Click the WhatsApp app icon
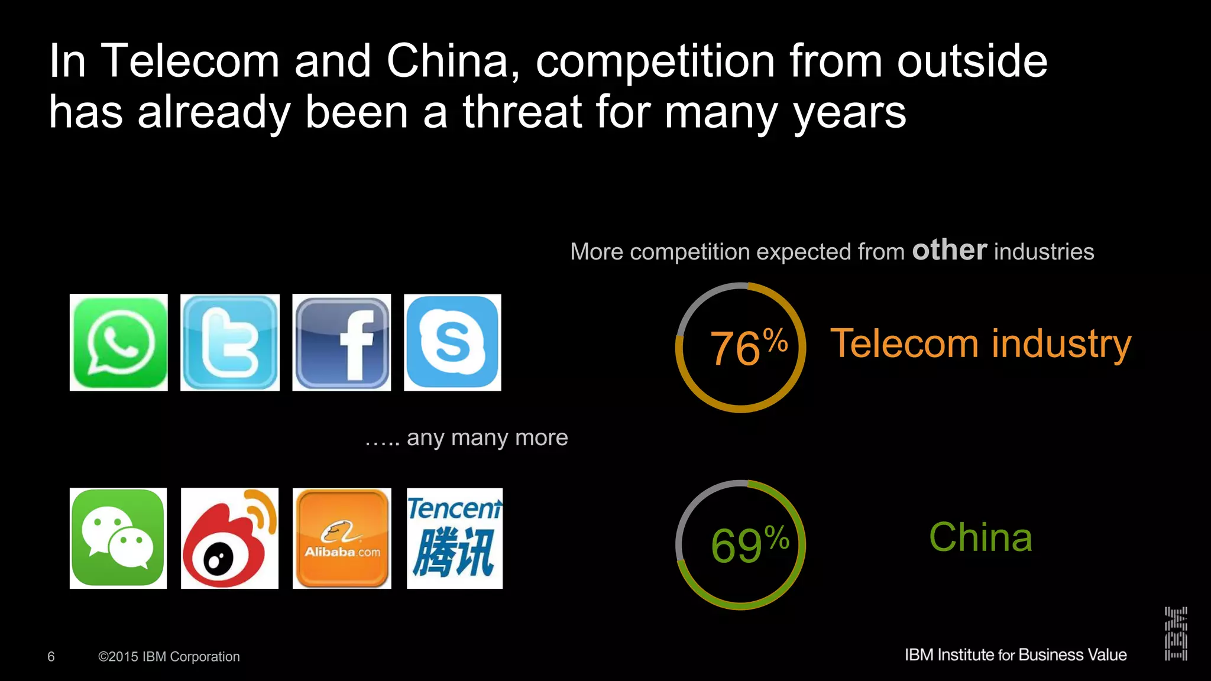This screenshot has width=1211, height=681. [118, 342]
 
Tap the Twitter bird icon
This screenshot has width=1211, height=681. [229, 342]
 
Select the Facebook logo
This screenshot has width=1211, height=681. [342, 342]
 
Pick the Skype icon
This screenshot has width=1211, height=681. [452, 342]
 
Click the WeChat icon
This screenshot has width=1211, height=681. [118, 538]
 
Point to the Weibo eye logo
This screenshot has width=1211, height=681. [229, 538]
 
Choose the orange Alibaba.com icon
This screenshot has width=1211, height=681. [342, 538]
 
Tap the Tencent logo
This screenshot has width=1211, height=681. [455, 538]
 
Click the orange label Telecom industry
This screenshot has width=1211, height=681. [980, 343]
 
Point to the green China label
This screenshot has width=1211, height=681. [980, 537]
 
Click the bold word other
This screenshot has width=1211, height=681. [949, 250]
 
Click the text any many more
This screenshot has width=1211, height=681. [487, 437]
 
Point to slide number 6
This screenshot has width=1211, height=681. [51, 657]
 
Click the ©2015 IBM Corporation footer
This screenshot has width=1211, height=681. [169, 657]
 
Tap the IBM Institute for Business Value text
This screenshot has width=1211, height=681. [1015, 655]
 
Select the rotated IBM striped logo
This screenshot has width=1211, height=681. [1176, 633]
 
